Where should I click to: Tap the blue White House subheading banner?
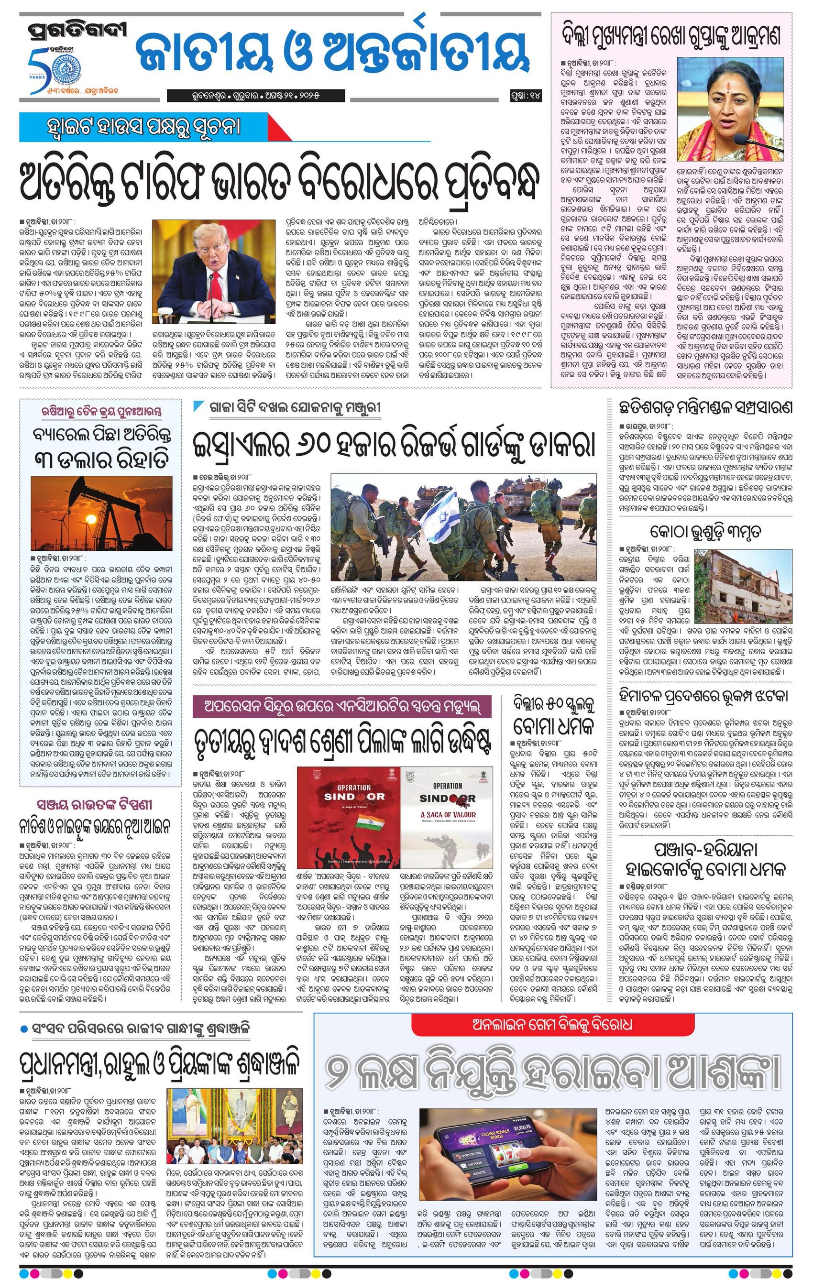[143, 128]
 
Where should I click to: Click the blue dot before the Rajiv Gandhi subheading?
[23, 1029]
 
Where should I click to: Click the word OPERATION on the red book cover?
[353, 787]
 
